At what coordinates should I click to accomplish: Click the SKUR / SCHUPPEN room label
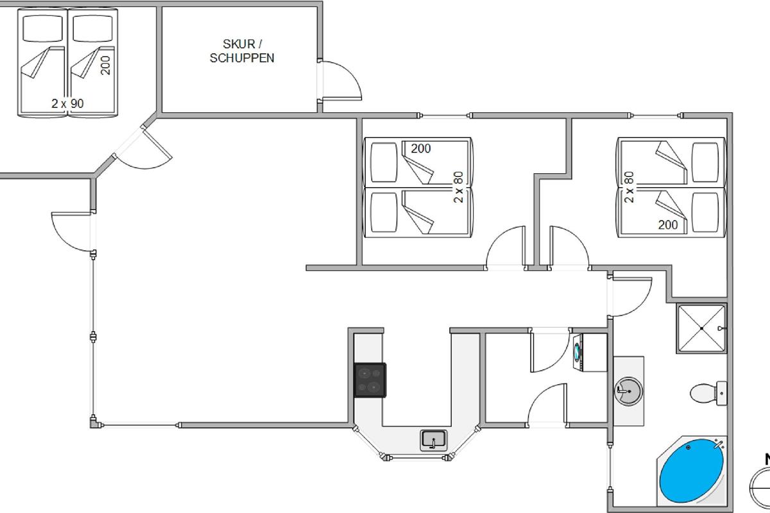(x=242, y=51)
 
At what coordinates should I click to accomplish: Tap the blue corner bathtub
(x=691, y=471)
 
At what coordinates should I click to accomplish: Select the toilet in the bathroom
(x=708, y=393)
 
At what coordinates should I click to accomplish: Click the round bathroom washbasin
(x=628, y=391)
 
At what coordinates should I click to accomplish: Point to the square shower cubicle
(x=701, y=328)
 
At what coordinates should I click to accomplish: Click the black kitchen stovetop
(x=370, y=380)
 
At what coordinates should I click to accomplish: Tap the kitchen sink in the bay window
(x=434, y=440)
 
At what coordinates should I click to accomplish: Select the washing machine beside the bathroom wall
(x=590, y=352)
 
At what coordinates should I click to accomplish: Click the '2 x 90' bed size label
(x=67, y=103)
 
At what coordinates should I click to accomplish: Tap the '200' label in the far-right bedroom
(x=668, y=224)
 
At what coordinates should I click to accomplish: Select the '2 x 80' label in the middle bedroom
(x=459, y=187)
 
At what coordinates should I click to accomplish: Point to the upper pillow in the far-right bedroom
(x=705, y=162)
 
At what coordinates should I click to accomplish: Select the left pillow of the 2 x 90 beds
(x=42, y=28)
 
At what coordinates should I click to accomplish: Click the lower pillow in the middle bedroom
(x=384, y=212)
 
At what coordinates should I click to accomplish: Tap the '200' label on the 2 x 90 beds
(x=105, y=65)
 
